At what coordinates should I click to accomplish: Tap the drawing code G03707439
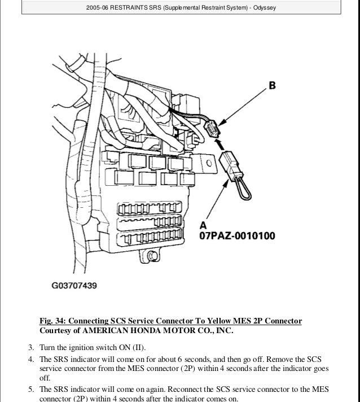click(71, 286)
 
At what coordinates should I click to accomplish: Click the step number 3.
click(30, 347)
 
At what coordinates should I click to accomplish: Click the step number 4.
click(30, 359)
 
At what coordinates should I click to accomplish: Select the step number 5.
click(30, 390)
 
